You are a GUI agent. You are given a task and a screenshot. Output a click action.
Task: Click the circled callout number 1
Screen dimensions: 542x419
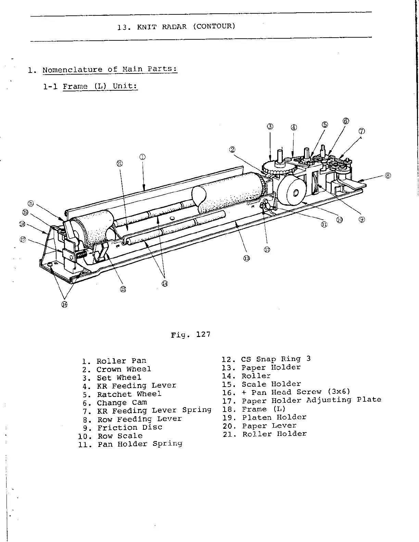coord(142,157)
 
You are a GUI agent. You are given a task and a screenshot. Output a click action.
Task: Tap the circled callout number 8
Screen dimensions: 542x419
coord(388,176)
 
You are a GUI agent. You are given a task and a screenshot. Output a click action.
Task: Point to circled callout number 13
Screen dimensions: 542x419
coord(246,258)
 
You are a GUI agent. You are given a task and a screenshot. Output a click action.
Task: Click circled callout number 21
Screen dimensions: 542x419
coord(119,164)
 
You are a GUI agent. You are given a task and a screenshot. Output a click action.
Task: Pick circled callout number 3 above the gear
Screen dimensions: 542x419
coord(270,126)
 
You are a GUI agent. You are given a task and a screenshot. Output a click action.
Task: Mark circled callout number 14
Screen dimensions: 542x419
coord(165,283)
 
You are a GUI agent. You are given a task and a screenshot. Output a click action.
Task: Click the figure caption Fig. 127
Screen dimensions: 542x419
coord(191,334)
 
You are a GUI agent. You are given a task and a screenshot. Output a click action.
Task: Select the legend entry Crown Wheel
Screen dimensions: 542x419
coord(123,369)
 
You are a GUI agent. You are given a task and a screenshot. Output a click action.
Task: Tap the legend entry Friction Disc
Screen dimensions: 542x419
coord(129,428)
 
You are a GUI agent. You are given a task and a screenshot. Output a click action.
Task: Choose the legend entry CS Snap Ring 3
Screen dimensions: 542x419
coord(276,359)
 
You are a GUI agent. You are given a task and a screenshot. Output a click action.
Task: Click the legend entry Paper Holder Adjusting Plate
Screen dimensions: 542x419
coord(311,400)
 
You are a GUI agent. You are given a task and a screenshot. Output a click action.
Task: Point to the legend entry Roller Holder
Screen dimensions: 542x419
coord(275,434)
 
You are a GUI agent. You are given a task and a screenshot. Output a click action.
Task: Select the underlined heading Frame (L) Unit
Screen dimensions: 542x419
coord(100,86)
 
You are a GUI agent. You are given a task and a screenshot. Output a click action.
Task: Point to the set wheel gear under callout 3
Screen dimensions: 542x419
coord(275,169)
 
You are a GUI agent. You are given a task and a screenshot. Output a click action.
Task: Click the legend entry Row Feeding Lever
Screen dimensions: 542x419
coord(139,419)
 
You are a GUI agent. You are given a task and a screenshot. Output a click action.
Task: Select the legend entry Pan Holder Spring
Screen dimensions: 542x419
coord(140,444)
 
